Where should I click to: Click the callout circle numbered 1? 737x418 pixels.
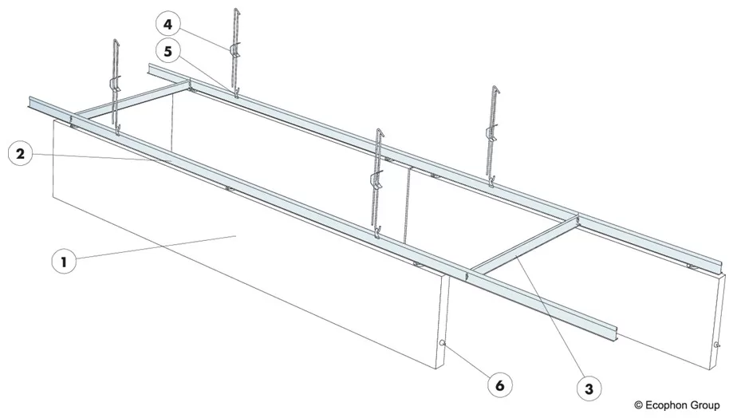[x=64, y=261]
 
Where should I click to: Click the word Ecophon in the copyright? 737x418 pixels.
[x=666, y=406]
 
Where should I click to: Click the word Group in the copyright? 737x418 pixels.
[x=708, y=406]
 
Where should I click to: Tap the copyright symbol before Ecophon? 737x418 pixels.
[x=638, y=406]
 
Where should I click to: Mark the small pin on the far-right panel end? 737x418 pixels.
[x=716, y=345]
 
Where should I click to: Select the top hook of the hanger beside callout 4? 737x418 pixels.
[x=237, y=11]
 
